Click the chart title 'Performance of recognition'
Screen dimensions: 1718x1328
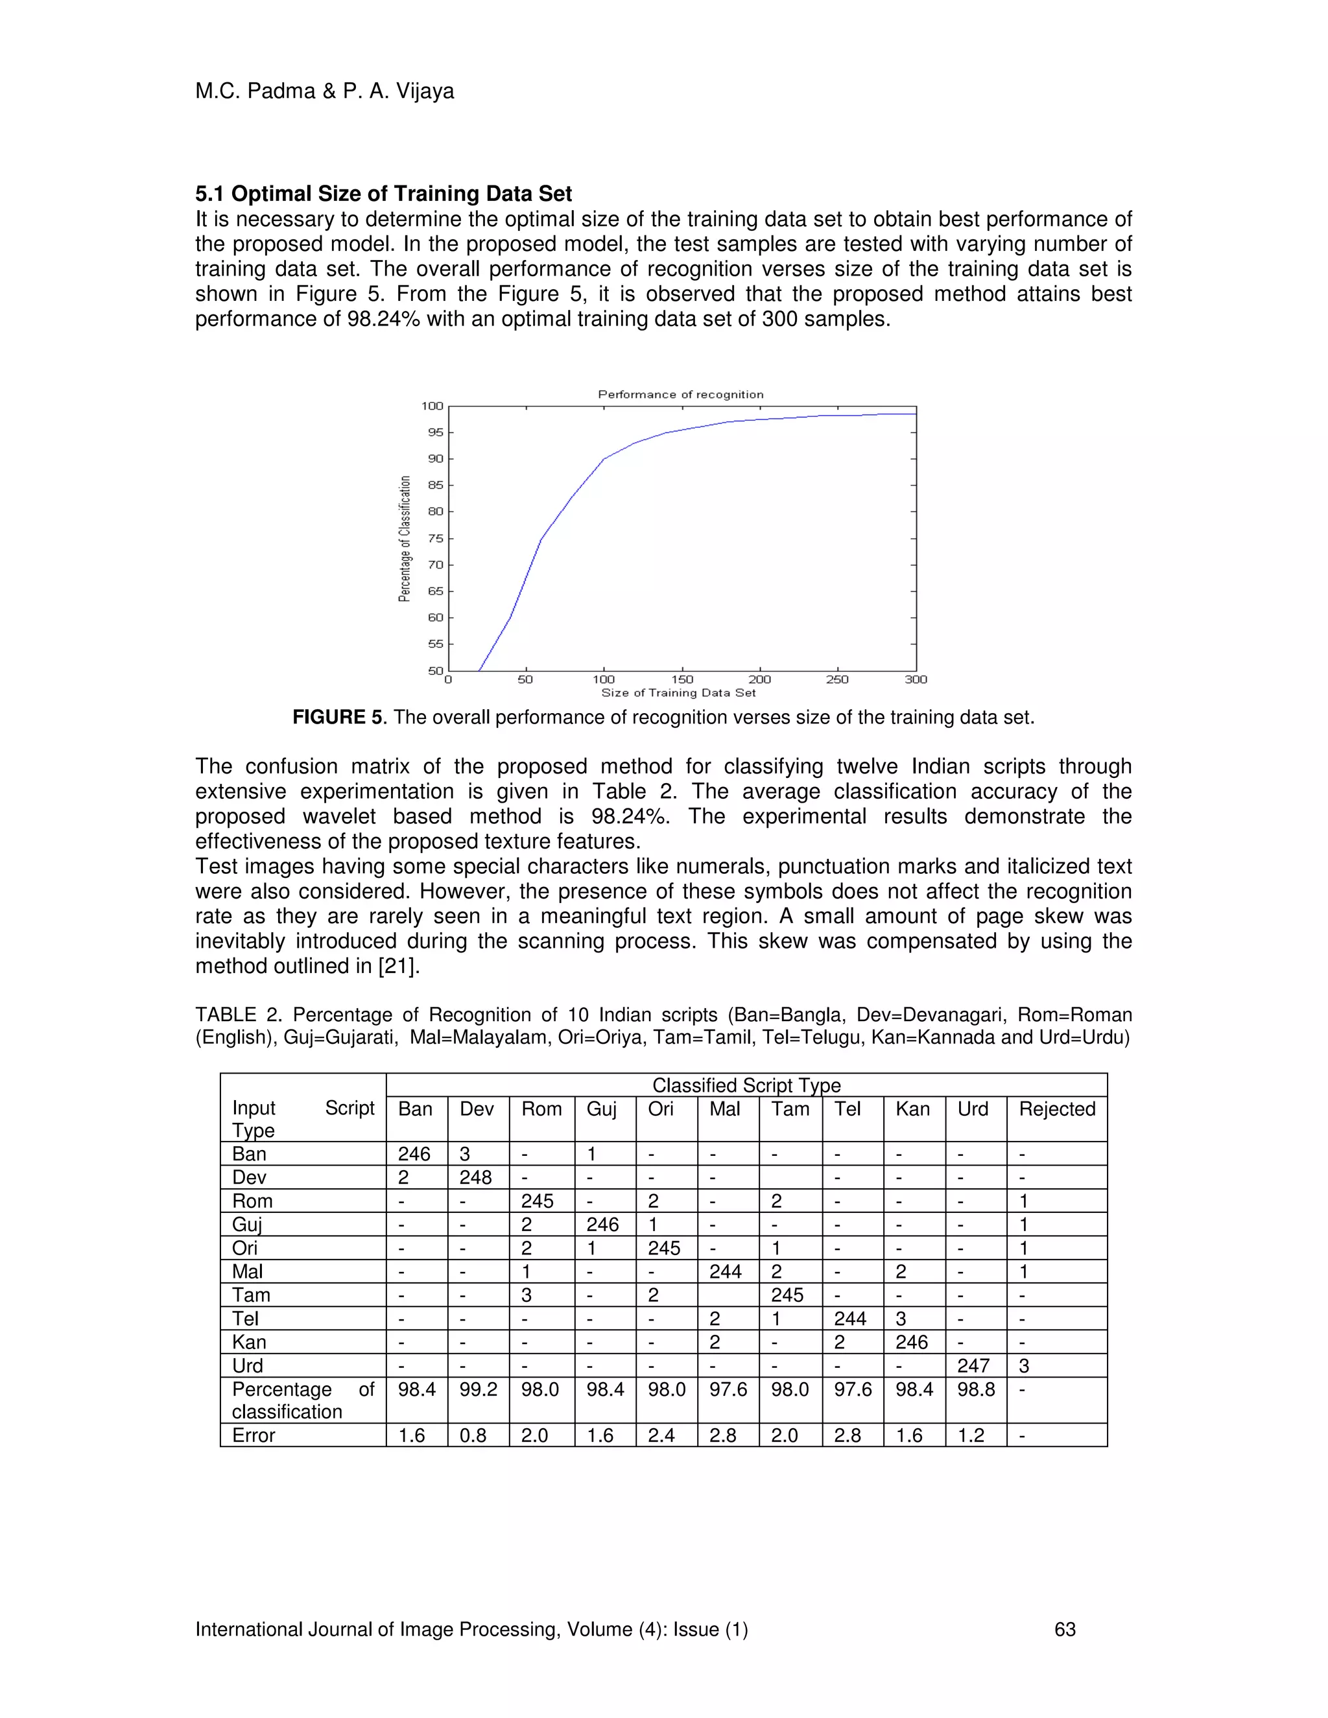point(680,394)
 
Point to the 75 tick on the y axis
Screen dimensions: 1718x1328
point(435,538)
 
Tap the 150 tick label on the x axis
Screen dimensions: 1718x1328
point(682,679)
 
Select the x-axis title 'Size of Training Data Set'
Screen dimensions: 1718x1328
point(678,693)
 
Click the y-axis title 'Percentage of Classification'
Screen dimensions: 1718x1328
point(405,539)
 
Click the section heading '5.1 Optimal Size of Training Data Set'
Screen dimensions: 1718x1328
point(383,193)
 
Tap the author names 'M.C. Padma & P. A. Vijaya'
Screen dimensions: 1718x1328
point(324,91)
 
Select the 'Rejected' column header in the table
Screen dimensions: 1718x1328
point(1056,1109)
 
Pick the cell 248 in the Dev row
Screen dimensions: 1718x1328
point(475,1177)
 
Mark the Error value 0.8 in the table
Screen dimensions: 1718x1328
point(473,1435)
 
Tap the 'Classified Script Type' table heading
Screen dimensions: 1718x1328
point(746,1085)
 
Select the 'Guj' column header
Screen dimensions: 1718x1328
point(601,1109)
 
